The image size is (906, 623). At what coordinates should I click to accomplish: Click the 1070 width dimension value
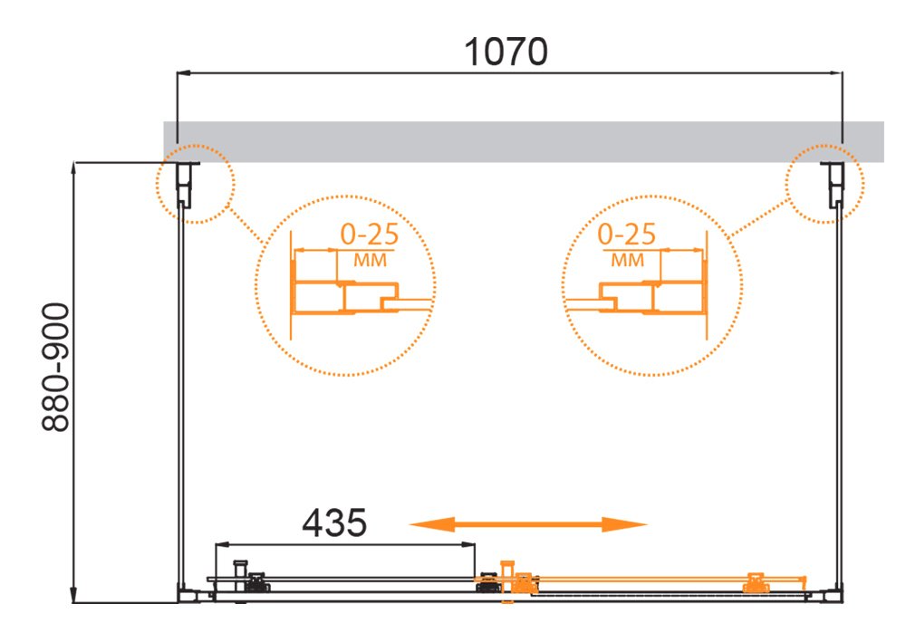point(506,52)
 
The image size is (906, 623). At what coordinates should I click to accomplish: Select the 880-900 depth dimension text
point(56,368)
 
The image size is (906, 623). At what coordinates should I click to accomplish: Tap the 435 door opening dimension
point(334,522)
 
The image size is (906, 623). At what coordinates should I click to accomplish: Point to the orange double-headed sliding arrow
point(528,524)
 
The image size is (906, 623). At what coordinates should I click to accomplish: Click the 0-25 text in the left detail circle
point(370,235)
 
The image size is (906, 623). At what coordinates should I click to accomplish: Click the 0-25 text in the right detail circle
point(626,235)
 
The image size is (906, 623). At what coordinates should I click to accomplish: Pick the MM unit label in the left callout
point(370,261)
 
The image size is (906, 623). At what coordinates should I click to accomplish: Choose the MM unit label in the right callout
point(628,261)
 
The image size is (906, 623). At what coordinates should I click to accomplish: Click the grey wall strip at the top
point(524,141)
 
